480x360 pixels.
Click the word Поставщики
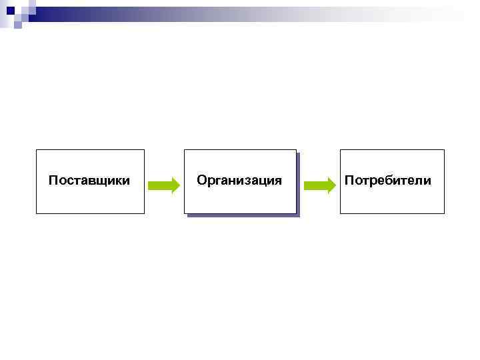tap(89, 181)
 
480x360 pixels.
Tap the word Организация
tap(239, 181)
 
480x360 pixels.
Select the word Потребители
tap(387, 181)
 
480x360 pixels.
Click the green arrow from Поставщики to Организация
tap(163, 185)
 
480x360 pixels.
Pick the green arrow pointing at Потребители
tap(319, 185)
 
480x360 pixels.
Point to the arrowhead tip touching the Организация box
tap(179, 185)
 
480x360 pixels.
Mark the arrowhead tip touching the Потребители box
tap(335, 185)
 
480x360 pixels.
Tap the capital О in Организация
tap(202, 181)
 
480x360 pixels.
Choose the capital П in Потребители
tap(349, 181)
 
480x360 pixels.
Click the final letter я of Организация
tap(277, 181)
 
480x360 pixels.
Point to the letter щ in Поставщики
tap(103, 181)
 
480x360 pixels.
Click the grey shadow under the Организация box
tap(241, 215)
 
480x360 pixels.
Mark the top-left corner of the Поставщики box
tap(37, 150)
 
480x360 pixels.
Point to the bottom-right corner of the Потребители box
tap(443, 213)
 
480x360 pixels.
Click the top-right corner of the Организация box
tap(295, 150)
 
